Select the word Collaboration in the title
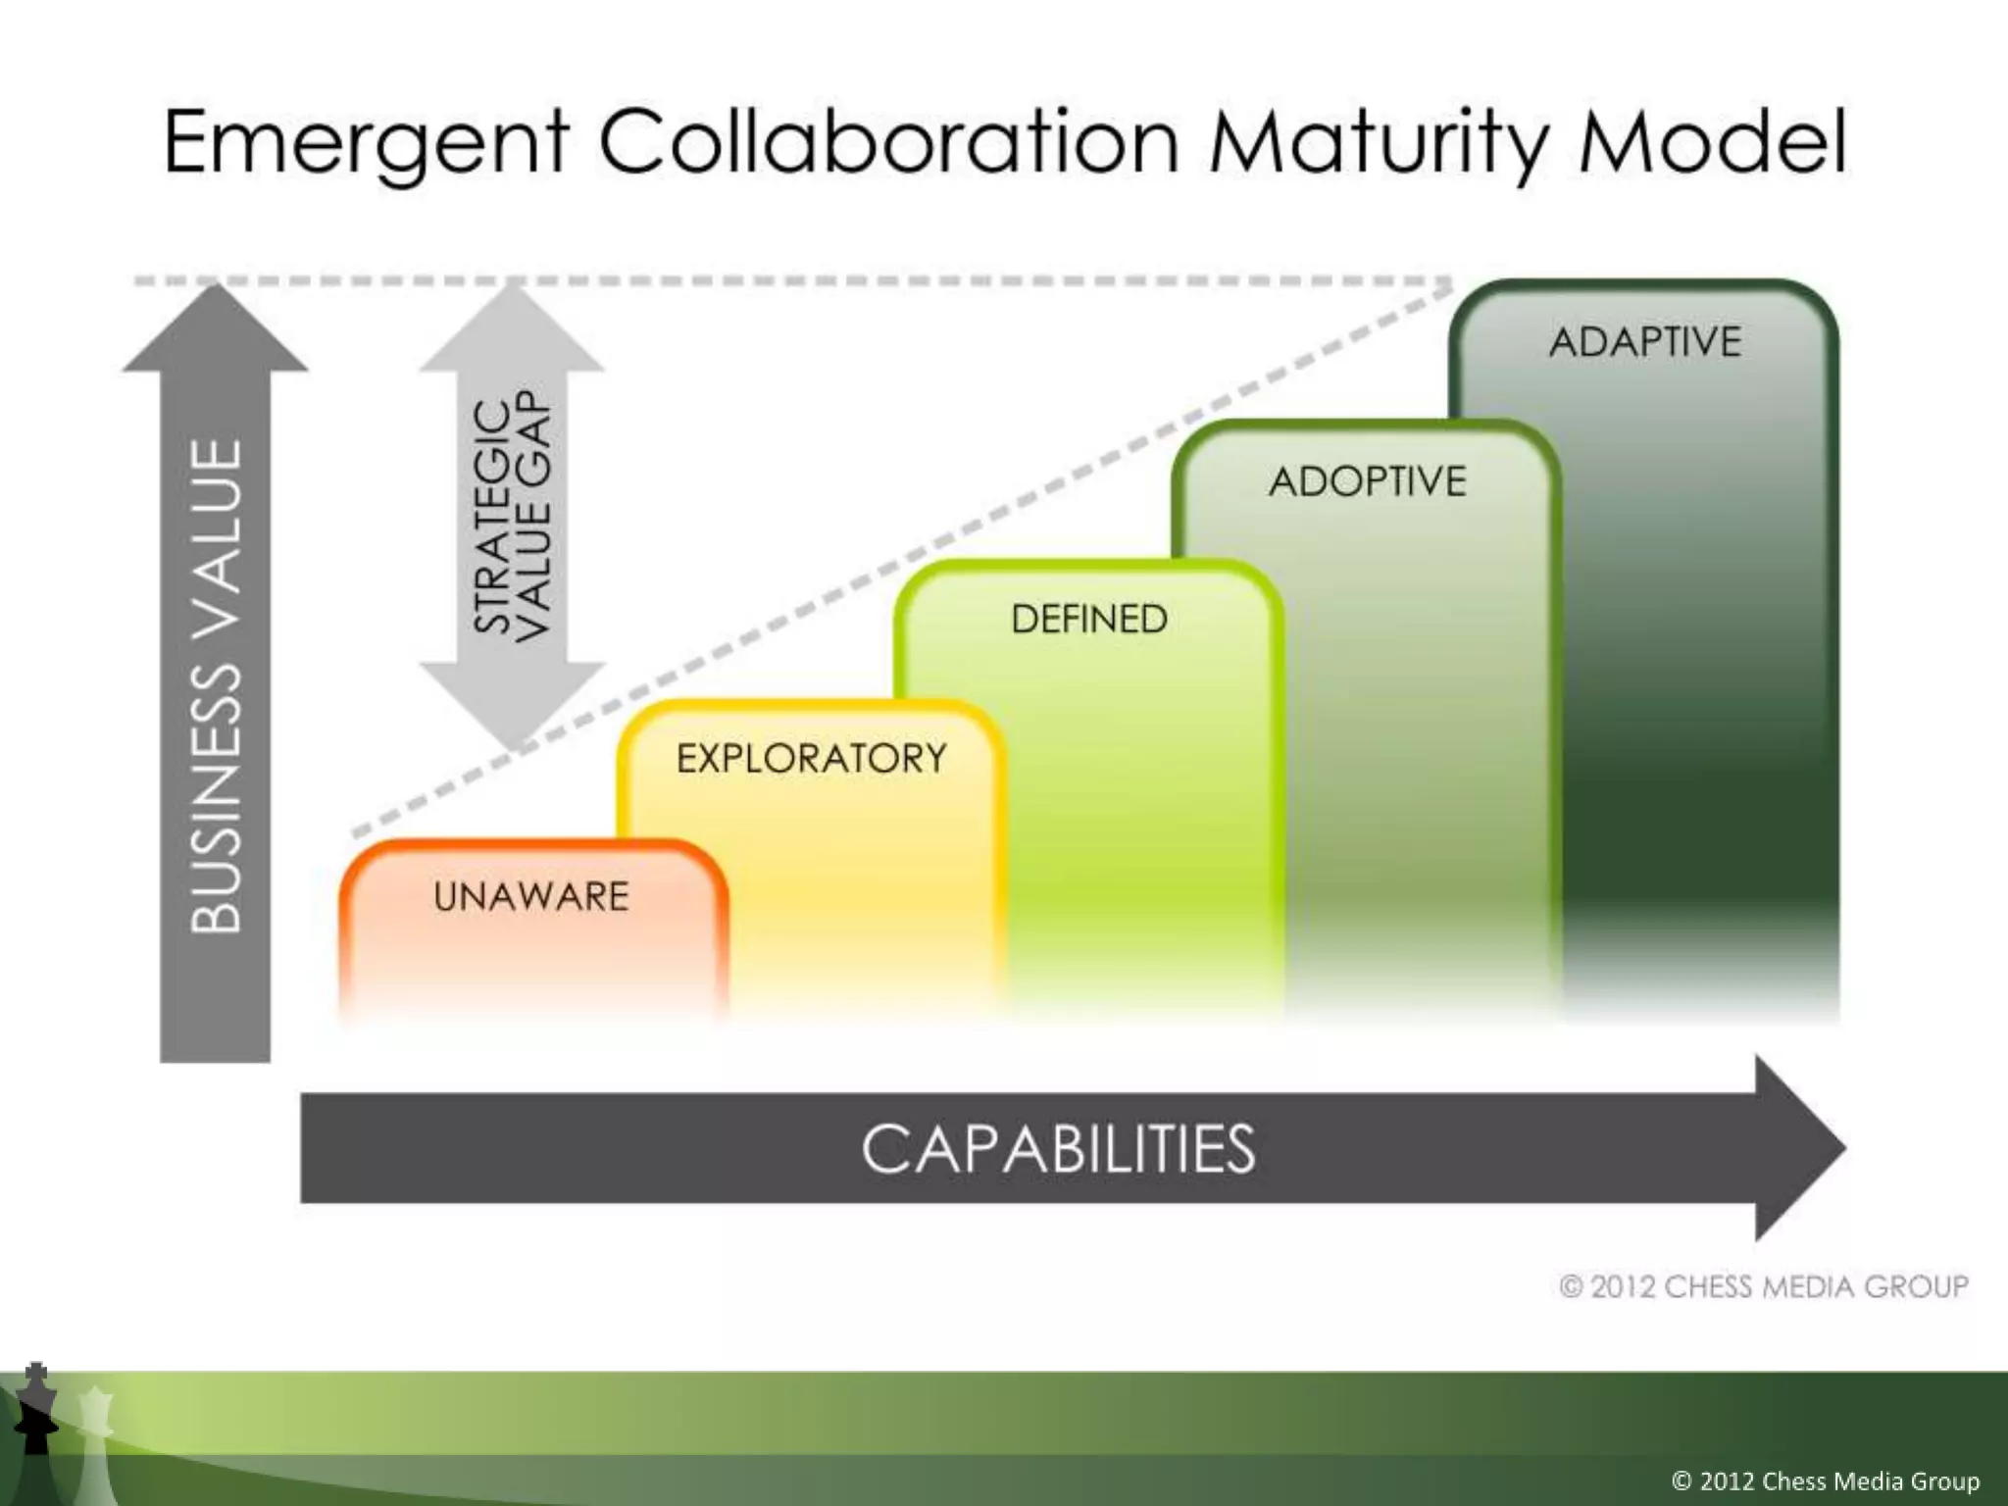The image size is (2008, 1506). [887, 143]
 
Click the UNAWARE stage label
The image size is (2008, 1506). [530, 896]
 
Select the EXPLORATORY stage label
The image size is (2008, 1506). [811, 758]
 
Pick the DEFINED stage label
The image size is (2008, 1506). [1088, 620]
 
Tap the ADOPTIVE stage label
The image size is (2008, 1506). [1367, 481]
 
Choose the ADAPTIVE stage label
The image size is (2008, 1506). [1644, 342]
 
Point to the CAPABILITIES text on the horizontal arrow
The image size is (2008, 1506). [1057, 1148]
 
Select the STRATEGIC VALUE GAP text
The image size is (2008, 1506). [512, 516]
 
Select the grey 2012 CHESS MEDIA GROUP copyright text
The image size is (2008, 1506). [1763, 1286]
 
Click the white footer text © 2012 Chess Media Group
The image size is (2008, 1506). [1825, 1480]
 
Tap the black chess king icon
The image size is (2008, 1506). [36, 1412]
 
